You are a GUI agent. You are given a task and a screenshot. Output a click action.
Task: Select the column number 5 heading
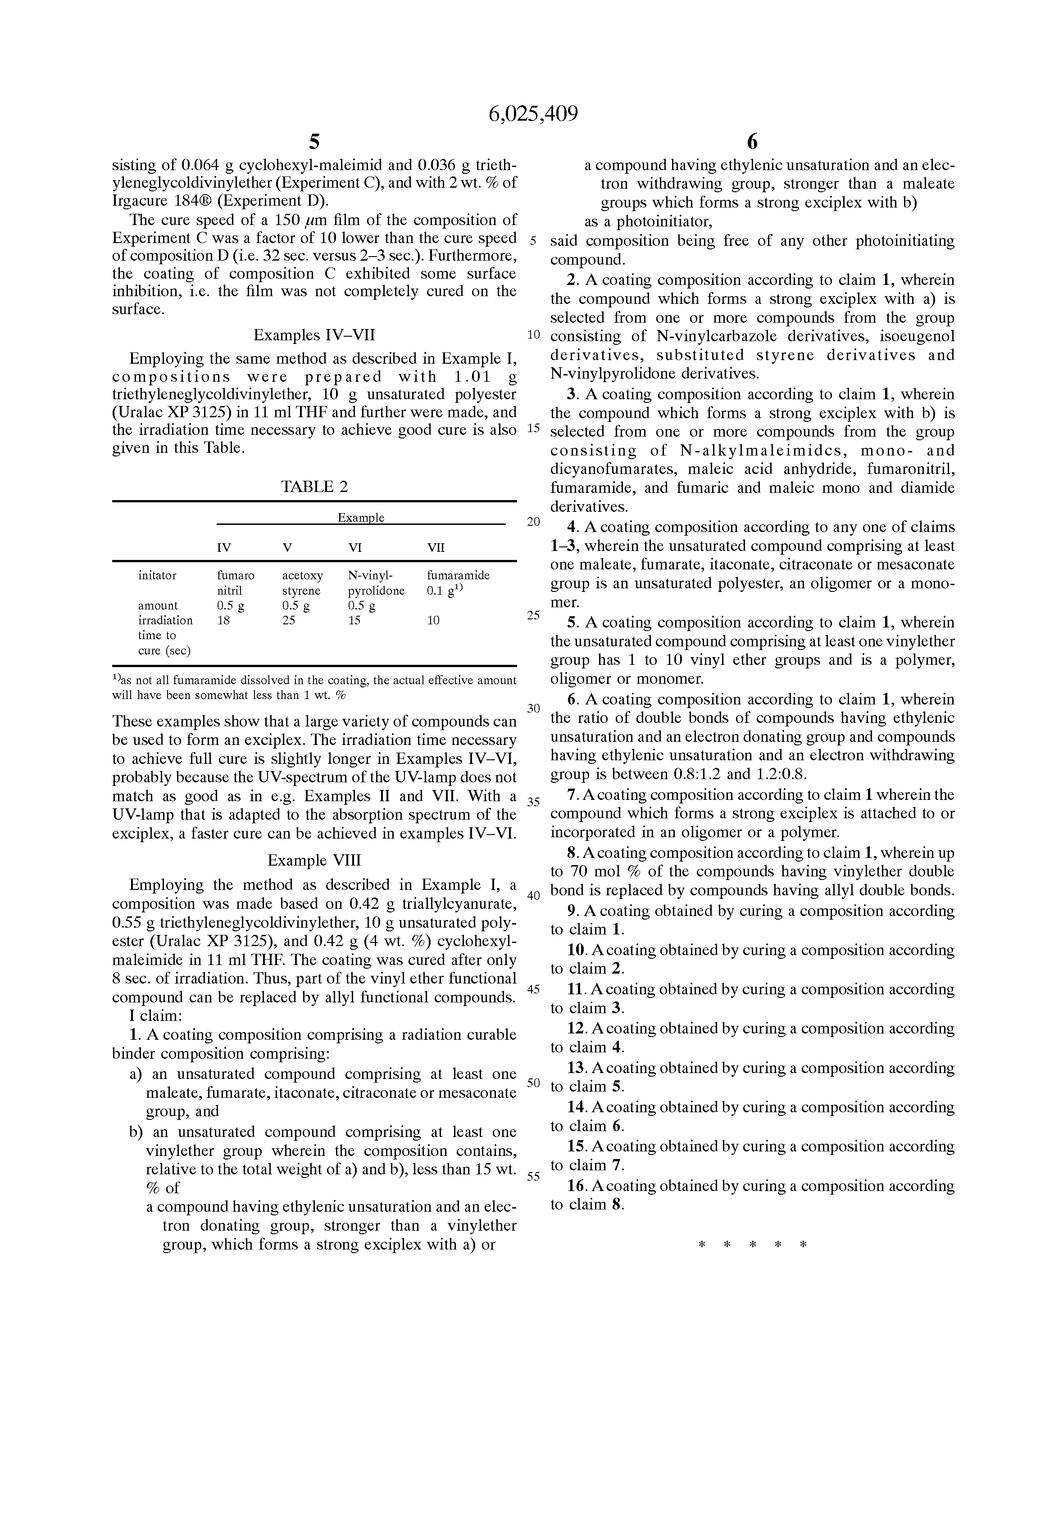coord(314,142)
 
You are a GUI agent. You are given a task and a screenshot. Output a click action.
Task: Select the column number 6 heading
coord(752,142)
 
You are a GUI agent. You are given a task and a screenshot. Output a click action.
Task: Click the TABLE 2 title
coord(314,487)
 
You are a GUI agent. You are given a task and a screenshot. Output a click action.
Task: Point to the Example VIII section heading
coord(314,860)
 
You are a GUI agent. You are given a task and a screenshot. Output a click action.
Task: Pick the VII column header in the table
coord(436,548)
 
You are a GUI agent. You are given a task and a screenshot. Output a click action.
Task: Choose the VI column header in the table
coord(355,548)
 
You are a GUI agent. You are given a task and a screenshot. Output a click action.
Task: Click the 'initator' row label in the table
coord(157,576)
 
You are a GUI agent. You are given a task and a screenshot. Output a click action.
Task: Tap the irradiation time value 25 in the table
coord(289,620)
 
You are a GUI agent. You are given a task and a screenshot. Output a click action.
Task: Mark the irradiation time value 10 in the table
coord(433,620)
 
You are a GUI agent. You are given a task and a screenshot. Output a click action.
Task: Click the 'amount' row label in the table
coord(158,605)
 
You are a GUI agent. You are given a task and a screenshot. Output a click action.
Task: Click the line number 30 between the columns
coord(533,708)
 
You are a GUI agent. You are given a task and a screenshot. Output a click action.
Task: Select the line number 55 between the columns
coord(533,1176)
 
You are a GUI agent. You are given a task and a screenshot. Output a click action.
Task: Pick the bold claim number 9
coord(572,911)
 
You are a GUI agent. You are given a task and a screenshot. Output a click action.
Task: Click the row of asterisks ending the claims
coord(752,1245)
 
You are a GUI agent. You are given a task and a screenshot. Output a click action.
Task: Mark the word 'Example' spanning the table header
coord(361,518)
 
